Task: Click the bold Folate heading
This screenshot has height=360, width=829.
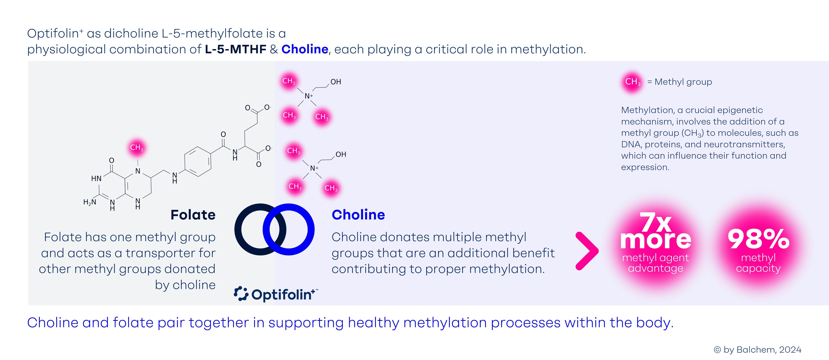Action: click(193, 215)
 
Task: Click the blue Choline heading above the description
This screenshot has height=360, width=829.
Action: click(358, 215)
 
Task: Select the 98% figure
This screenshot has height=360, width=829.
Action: click(758, 239)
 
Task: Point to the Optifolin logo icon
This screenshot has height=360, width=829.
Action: click(241, 294)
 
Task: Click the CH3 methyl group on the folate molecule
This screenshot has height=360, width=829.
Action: click(136, 148)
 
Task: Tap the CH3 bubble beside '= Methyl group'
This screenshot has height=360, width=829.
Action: click(632, 82)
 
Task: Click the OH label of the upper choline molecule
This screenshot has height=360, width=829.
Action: click(336, 82)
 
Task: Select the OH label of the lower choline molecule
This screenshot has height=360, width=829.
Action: click(341, 155)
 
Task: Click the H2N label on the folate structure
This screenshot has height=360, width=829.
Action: click(89, 202)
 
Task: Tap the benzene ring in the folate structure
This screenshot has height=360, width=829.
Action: click(198, 161)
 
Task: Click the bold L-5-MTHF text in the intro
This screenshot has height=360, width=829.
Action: click(236, 49)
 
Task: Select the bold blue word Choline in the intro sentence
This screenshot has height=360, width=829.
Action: click(304, 49)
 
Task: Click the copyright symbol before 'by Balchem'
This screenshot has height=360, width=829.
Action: click(717, 350)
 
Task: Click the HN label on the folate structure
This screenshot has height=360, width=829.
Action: click(96, 179)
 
